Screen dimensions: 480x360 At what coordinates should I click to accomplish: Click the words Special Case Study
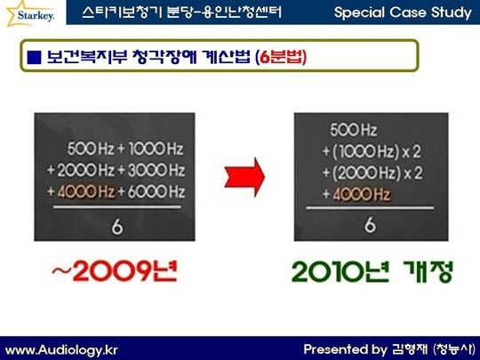pos(403,12)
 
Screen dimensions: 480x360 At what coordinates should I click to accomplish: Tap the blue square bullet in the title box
pos(34,57)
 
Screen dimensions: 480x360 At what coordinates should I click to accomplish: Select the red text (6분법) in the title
pos(281,57)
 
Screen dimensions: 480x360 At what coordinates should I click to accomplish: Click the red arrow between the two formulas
pos(244,177)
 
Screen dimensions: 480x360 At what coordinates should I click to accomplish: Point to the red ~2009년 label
pos(115,271)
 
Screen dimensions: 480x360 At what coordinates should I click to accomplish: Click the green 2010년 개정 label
pos(372,271)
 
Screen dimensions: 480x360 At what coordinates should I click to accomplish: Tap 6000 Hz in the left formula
pos(156,192)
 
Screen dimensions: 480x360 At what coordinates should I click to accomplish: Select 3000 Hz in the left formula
pos(156,171)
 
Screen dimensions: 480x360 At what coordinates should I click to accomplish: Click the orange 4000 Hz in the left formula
pos(85,192)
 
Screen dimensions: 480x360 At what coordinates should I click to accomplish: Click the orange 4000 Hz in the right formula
pos(361,195)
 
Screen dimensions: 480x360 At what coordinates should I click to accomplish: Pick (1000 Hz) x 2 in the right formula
pos(376,151)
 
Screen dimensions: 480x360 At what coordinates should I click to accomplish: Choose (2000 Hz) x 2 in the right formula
pos(377,173)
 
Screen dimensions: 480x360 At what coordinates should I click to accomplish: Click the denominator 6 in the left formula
pos(117,228)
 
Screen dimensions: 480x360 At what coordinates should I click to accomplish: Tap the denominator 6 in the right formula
pos(370,226)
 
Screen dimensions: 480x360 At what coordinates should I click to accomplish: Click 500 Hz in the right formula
pos(353,130)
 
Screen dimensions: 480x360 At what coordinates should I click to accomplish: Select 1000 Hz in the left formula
pos(156,149)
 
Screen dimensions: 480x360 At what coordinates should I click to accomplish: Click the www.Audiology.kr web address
pos(61,350)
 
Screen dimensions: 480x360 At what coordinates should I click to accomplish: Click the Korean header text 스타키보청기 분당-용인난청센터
pos(182,12)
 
